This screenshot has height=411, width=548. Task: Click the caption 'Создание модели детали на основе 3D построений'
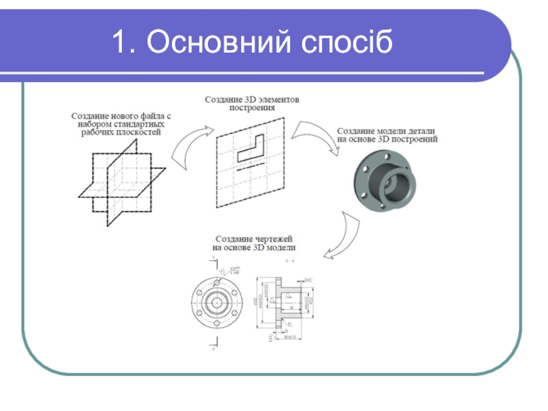pyautogui.click(x=388, y=134)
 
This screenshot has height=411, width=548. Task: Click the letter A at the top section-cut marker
pyautogui.click(x=213, y=256)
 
